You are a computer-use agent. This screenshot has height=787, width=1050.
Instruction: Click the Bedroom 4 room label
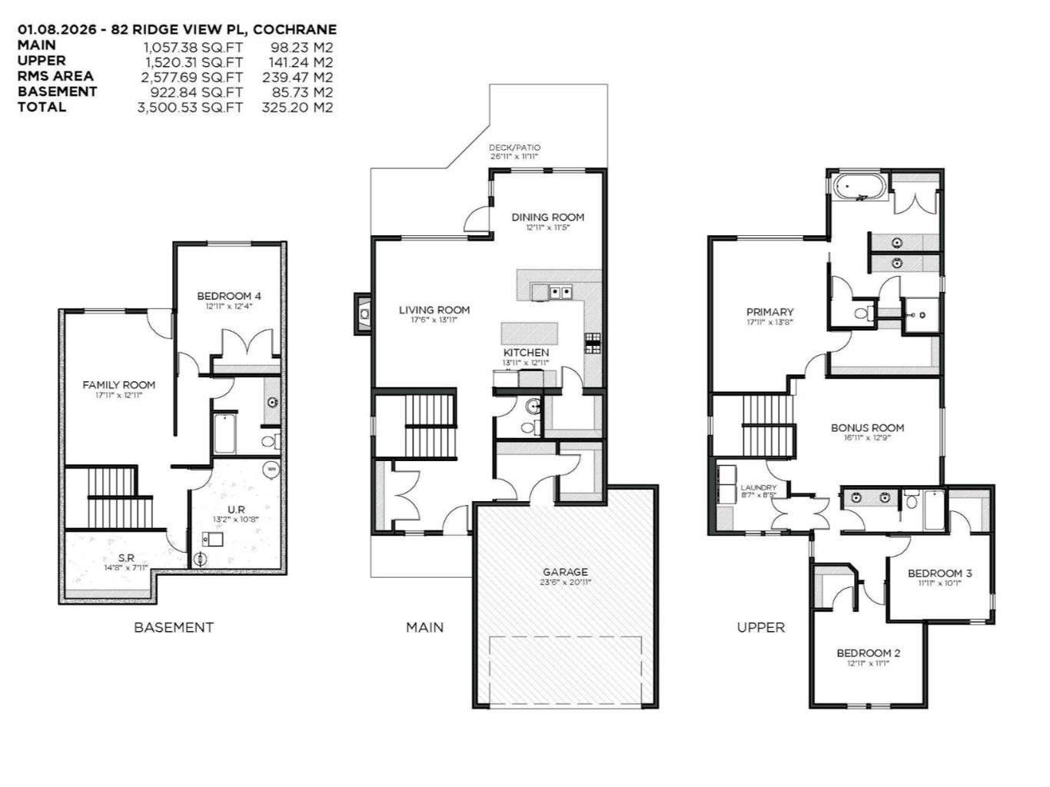(x=228, y=296)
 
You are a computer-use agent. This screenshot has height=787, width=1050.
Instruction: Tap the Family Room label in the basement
(x=118, y=385)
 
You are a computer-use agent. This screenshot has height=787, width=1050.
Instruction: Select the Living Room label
(x=434, y=310)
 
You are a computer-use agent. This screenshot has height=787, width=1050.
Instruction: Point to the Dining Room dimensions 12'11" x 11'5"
(x=547, y=228)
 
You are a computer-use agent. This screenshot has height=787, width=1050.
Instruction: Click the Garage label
(x=565, y=572)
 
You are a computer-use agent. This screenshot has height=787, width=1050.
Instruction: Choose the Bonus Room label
(x=867, y=428)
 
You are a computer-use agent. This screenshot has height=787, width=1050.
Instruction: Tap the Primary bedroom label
(x=769, y=312)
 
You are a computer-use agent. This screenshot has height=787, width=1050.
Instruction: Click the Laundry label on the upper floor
(x=758, y=488)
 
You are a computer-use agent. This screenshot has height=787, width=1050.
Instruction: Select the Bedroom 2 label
(x=868, y=653)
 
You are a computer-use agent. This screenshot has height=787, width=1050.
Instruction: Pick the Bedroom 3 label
(x=939, y=573)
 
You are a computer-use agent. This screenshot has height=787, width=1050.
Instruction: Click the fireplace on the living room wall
(x=363, y=314)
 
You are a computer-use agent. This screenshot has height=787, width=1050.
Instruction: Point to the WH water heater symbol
(x=271, y=468)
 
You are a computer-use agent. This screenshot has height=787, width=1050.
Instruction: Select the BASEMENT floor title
(x=174, y=627)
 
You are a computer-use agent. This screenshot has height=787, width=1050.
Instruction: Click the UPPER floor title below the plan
(x=760, y=627)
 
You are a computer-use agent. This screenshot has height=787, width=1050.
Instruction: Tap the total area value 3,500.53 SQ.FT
(x=190, y=108)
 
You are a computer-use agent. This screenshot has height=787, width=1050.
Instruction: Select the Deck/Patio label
(x=514, y=148)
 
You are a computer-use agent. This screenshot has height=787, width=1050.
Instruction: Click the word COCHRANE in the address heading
(x=294, y=30)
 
